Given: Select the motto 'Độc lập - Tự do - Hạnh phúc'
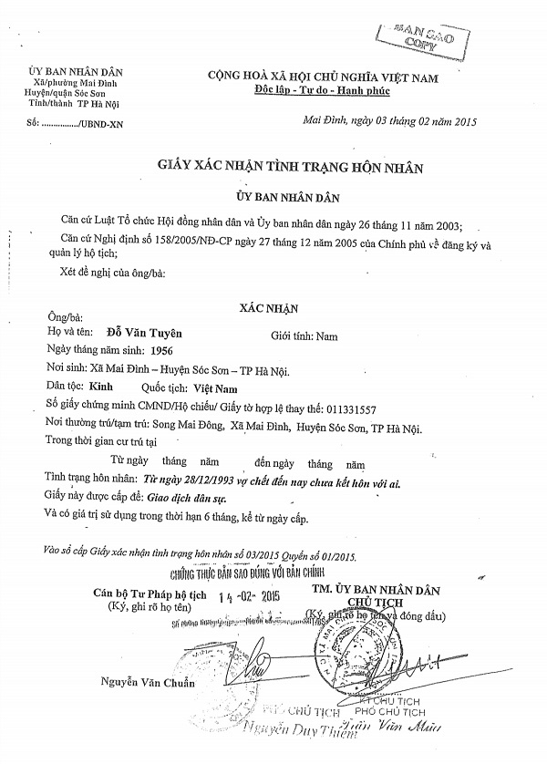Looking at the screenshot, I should [x=335, y=93].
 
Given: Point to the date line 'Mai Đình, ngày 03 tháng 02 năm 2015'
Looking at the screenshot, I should [x=387, y=121].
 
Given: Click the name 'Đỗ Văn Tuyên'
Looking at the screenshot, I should [x=138, y=335].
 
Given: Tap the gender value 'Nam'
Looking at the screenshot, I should [x=325, y=336].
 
